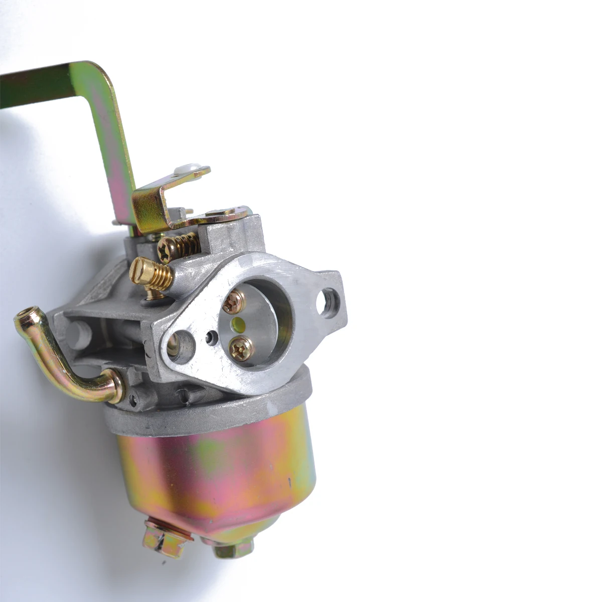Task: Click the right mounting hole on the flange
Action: click(x=330, y=304)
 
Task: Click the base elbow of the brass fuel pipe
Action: click(x=113, y=384)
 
